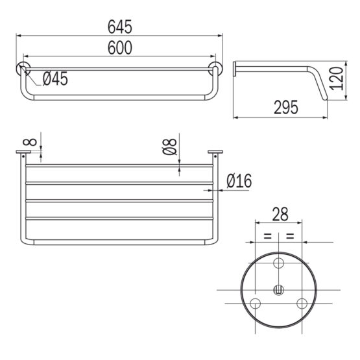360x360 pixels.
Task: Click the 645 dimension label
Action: tap(120, 27)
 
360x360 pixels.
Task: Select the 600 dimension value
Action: tap(120, 48)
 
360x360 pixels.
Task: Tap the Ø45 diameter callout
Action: tap(55, 78)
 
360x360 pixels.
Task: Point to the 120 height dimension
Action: tap(337, 78)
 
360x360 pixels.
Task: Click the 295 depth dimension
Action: tap(286, 107)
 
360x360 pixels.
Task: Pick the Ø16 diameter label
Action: tap(239, 181)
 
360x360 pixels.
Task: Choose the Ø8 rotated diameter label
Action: tap(170, 147)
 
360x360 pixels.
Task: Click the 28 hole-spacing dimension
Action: tap(280, 214)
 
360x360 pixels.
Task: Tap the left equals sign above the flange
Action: tap(267, 235)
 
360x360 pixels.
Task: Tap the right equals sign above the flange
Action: tap(290, 235)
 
